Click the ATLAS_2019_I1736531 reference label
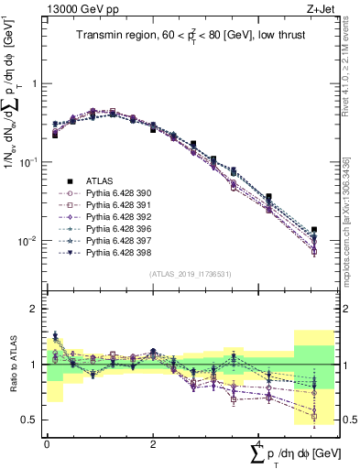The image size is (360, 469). pyautogui.click(x=190, y=274)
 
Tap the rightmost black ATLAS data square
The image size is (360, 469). pyautogui.click(x=314, y=230)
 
